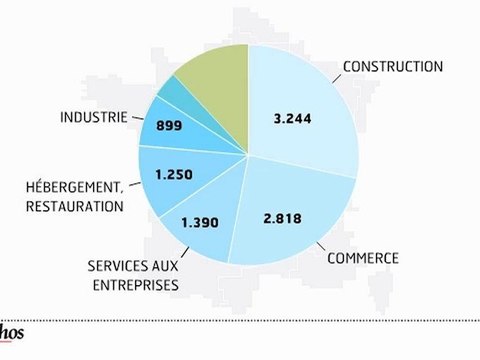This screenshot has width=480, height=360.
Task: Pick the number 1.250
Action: click(x=175, y=173)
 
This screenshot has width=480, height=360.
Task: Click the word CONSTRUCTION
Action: click(x=392, y=67)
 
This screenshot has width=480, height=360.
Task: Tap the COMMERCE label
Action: click(x=363, y=258)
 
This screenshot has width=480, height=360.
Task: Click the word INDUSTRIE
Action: click(x=92, y=117)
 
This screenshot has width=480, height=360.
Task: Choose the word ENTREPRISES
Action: click(x=132, y=286)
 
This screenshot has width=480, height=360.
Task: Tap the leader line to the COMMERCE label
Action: click(x=320, y=244)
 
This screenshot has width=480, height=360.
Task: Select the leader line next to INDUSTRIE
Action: click(x=138, y=119)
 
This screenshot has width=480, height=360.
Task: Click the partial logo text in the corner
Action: click(x=13, y=335)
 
